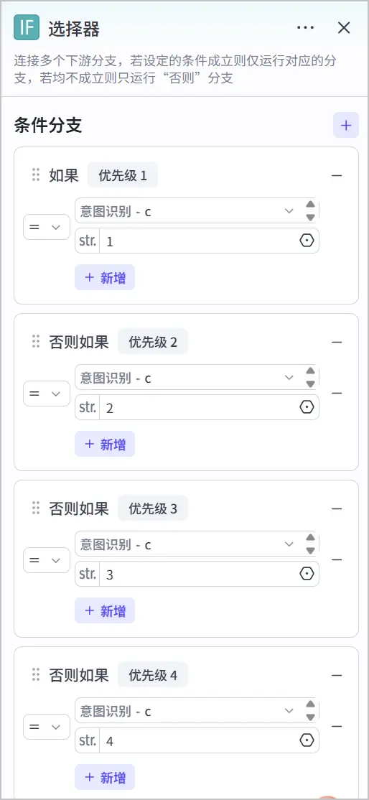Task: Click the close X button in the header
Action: pyautogui.click(x=344, y=27)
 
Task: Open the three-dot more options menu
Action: pyautogui.click(x=305, y=27)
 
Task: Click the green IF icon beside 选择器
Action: pyautogui.click(x=27, y=27)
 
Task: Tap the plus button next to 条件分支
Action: pyautogui.click(x=346, y=125)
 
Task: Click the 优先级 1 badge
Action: pyautogui.click(x=123, y=176)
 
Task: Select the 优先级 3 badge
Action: pyautogui.click(x=153, y=508)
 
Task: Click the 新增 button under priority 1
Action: pyautogui.click(x=105, y=277)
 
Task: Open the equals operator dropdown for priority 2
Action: pyautogui.click(x=47, y=394)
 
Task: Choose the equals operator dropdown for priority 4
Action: pyautogui.click(x=47, y=727)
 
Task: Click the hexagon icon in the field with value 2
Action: pyautogui.click(x=307, y=407)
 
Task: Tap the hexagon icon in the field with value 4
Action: pyautogui.click(x=307, y=740)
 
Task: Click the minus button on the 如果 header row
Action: pyautogui.click(x=337, y=175)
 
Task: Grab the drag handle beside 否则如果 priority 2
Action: pyautogui.click(x=36, y=341)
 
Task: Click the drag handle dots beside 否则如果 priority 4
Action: pyautogui.click(x=36, y=674)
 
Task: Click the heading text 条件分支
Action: pyautogui.click(x=48, y=125)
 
